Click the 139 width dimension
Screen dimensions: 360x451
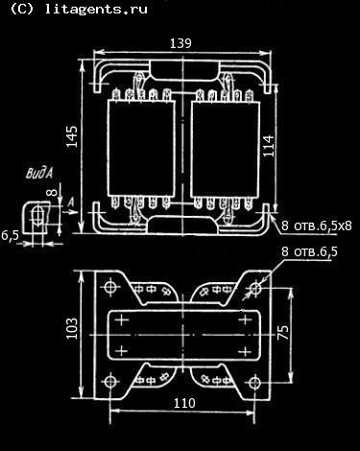[x=180, y=43]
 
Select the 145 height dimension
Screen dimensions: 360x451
[x=72, y=136]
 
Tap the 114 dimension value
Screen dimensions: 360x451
[x=269, y=146]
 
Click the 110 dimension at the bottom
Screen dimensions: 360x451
[x=184, y=403]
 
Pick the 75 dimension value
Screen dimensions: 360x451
[x=283, y=332]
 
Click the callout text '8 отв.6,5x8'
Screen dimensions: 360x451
[x=317, y=225]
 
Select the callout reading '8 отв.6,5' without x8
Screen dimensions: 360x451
[x=309, y=252]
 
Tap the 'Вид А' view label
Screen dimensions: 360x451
[x=39, y=174]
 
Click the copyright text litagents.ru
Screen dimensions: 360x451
[x=79, y=9]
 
